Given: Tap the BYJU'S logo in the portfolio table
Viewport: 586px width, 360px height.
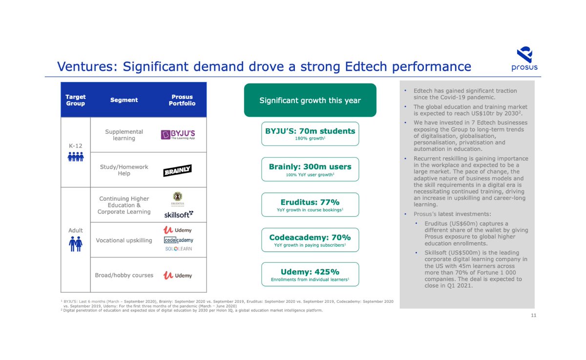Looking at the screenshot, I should pyautogui.click(x=178, y=135).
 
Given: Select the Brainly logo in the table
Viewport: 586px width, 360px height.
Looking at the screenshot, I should pyautogui.click(x=177, y=170).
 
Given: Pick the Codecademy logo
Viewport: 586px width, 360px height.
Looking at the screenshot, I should pyautogui.click(x=178, y=240).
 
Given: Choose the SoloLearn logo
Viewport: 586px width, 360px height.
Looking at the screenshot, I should pyautogui.click(x=178, y=249).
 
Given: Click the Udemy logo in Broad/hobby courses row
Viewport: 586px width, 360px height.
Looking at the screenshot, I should pyautogui.click(x=178, y=275).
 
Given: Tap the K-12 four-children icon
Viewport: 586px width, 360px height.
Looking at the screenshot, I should pyautogui.click(x=76, y=156).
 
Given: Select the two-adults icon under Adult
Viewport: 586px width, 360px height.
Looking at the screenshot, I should pyautogui.click(x=76, y=243).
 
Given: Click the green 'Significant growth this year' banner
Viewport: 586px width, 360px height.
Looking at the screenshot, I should pyautogui.click(x=310, y=100).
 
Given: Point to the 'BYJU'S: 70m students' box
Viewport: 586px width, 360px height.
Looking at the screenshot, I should pyautogui.click(x=310, y=134).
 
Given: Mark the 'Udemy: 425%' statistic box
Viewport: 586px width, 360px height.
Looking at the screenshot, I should pyautogui.click(x=310, y=275).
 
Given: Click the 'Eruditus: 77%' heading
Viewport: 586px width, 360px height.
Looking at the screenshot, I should pyautogui.click(x=310, y=202).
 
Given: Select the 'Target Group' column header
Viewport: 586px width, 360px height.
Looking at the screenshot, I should pyautogui.click(x=75, y=100).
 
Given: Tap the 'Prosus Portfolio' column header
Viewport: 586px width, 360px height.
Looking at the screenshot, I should pyautogui.click(x=182, y=100).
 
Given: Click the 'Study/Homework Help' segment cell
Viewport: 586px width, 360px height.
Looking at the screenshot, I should pyautogui.click(x=124, y=170).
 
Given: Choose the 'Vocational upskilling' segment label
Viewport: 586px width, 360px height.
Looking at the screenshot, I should pyautogui.click(x=124, y=240).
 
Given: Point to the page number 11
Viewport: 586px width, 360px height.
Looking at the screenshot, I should pyautogui.click(x=534, y=316).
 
